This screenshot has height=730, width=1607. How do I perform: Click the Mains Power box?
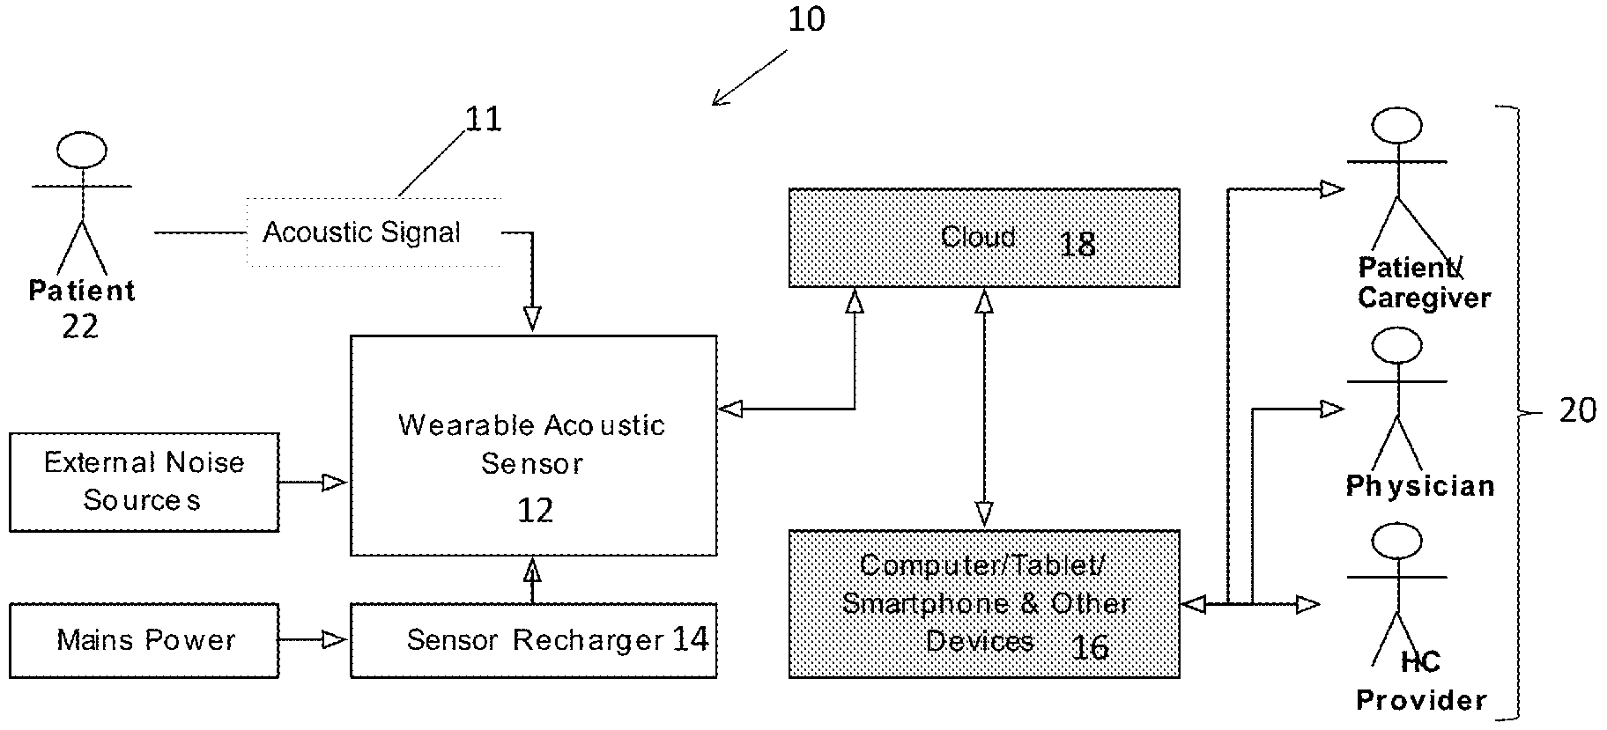click(x=144, y=640)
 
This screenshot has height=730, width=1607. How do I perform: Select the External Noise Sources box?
click(x=144, y=482)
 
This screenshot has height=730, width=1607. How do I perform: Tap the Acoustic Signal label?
click(x=362, y=232)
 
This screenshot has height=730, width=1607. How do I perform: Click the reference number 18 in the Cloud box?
click(x=1077, y=244)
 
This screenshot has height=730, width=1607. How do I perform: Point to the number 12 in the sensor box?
click(x=535, y=510)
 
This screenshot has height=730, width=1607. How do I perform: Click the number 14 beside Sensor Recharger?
click(x=690, y=638)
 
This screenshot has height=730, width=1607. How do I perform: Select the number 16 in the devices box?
click(x=1090, y=647)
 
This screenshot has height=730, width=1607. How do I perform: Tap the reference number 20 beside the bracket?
click(x=1578, y=409)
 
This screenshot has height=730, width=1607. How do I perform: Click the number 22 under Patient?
click(x=80, y=327)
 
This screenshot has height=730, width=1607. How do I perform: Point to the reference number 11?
click(x=483, y=119)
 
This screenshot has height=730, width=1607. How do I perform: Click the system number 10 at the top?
click(x=806, y=18)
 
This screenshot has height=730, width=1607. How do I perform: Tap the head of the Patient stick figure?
click(x=82, y=151)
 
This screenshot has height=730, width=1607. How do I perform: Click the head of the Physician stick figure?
click(x=1396, y=345)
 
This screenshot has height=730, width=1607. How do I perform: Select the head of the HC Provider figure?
click(x=1396, y=542)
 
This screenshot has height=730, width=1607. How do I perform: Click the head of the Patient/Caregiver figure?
click(x=1396, y=125)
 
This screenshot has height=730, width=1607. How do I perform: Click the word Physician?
click(x=1420, y=486)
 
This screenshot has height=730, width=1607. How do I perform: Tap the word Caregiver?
click(x=1424, y=298)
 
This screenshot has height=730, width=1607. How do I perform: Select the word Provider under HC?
click(x=1421, y=700)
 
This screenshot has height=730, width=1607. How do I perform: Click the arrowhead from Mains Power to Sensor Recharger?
click(x=334, y=640)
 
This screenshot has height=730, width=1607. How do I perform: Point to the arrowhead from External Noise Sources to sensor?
click(x=334, y=482)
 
